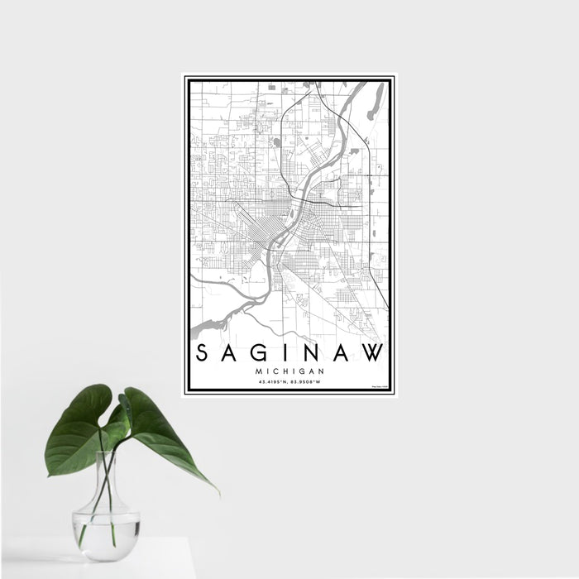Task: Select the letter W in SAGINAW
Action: pyautogui.click(x=373, y=354)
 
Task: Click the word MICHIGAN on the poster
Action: pyautogui.click(x=289, y=371)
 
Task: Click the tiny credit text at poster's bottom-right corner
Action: pyautogui.click(x=376, y=385)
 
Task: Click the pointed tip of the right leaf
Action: pyautogui.click(x=217, y=491)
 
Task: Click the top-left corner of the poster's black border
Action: pyautogui.click(x=187, y=79)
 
